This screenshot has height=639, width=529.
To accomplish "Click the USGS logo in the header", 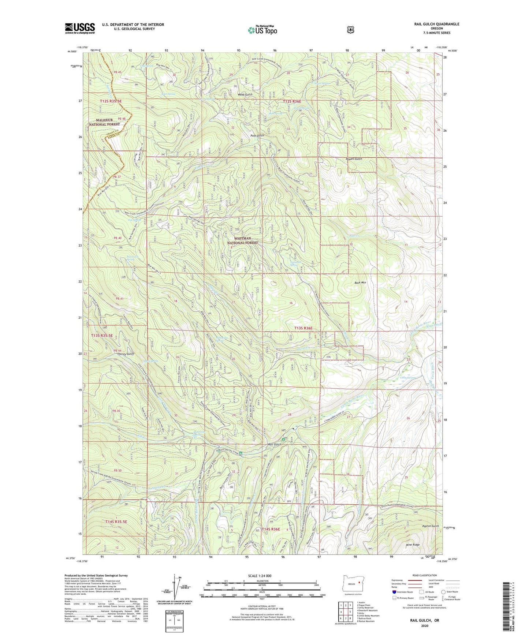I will click(80, 28).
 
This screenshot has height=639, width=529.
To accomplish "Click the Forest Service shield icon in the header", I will click(350, 30).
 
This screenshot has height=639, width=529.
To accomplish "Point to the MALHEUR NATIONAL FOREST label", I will click(104, 122).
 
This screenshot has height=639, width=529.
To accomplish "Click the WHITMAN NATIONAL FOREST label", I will click(242, 240).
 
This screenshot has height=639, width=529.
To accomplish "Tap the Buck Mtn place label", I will click(360, 283).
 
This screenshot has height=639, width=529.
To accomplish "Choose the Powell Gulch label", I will click(354, 159).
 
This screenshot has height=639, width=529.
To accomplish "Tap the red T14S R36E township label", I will click(271, 530).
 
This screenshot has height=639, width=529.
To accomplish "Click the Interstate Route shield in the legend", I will click(394, 592).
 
